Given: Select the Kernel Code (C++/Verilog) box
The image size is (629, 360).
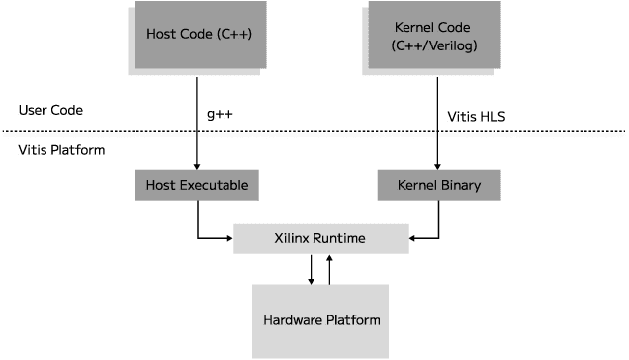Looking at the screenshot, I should pos(433,36).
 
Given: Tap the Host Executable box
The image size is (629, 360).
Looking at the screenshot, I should pos(197,184).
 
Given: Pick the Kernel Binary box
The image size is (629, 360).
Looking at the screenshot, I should pos(439,184).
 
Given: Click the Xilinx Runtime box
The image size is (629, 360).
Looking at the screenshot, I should pos(320,237).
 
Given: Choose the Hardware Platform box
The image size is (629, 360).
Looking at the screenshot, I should pos(321,320).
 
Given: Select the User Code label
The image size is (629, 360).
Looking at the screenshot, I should pos(49,110).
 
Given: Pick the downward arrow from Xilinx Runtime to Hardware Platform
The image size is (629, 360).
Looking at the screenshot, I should pos(311,269).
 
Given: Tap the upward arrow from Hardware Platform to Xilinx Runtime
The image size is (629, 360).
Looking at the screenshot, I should pos(330,269).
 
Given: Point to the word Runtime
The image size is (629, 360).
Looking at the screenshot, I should pos(341,237).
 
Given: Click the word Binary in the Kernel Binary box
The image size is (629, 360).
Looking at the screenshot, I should pos(460,184).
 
